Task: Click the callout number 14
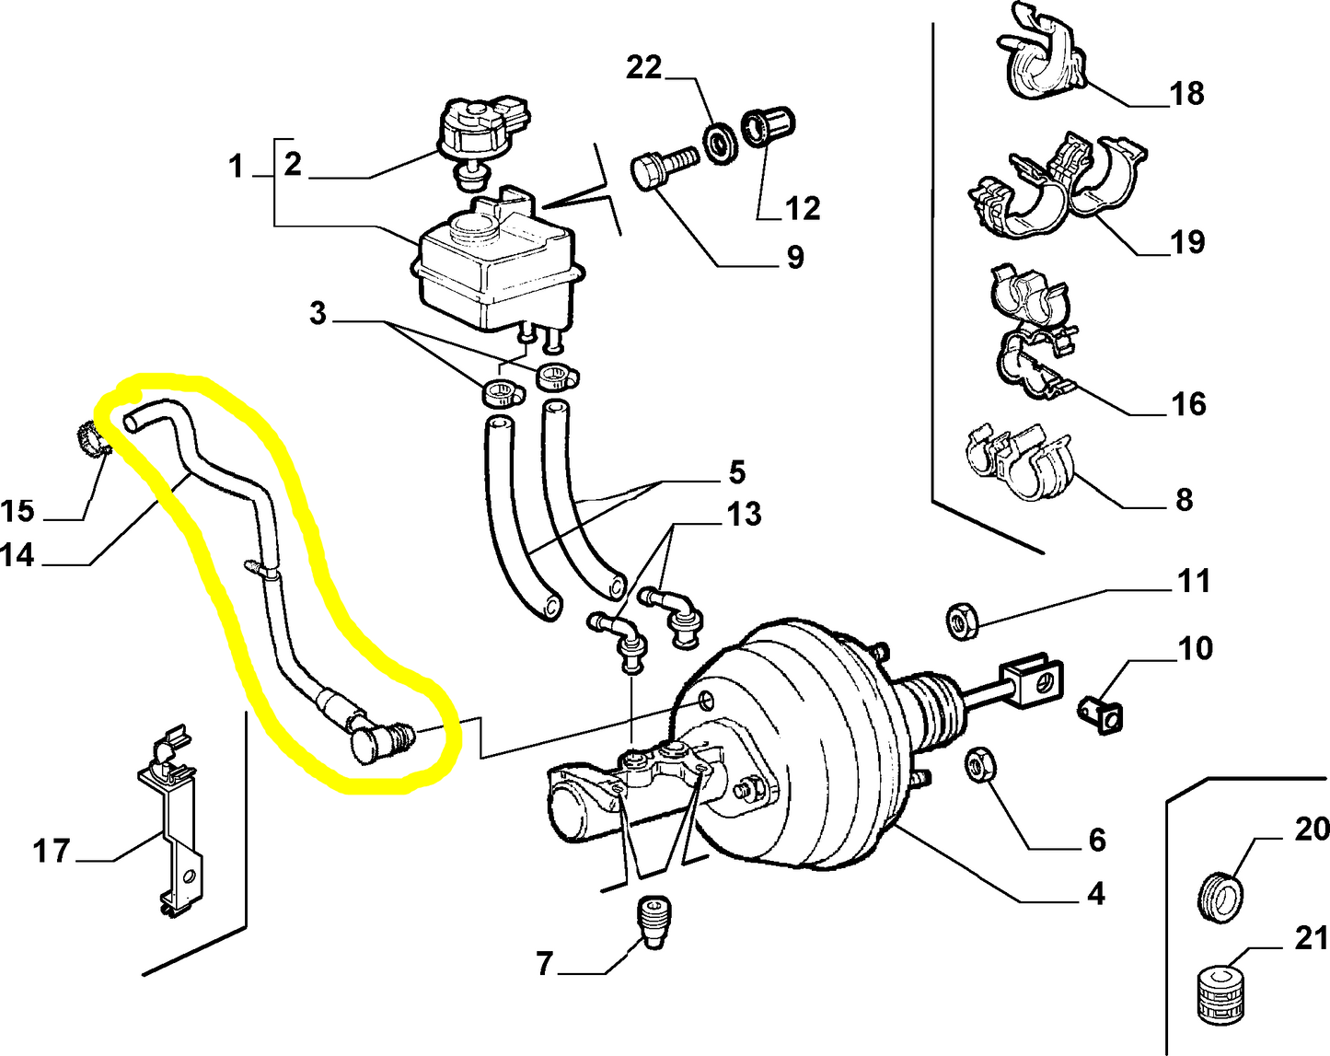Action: point(18,555)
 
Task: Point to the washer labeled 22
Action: point(719,140)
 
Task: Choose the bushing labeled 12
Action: point(769,126)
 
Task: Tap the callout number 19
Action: point(1186,242)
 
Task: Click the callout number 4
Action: point(1095,894)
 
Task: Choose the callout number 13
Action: point(744,515)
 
